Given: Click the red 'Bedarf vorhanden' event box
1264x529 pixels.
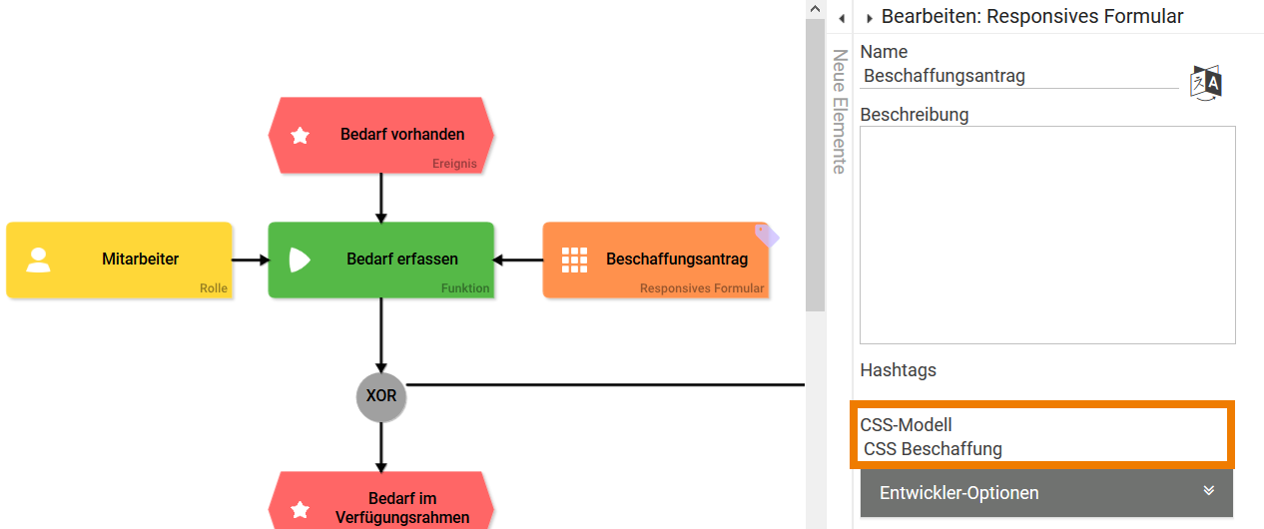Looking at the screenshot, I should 380,135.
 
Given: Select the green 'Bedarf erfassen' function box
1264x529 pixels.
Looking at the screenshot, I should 380,260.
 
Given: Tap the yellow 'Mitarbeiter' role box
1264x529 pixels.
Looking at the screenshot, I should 119,260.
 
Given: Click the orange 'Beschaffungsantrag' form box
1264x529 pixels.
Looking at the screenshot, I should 655,260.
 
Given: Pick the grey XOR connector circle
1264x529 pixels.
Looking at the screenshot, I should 381,396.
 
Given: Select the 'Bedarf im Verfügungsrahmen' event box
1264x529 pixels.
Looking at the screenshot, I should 380,504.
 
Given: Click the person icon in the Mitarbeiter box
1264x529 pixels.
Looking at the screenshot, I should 39,260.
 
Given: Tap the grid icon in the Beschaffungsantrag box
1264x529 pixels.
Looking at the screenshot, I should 574,260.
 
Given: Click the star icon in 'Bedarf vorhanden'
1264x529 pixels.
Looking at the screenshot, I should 300,135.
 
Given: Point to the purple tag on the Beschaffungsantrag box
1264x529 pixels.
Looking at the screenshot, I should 766,236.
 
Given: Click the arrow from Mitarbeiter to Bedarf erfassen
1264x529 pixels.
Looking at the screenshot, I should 251,260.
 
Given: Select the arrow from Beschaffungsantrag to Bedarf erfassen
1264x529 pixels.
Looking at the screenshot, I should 518,260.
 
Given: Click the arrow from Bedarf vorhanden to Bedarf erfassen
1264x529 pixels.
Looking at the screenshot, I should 380,198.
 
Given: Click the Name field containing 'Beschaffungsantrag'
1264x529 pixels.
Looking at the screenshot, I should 1018,76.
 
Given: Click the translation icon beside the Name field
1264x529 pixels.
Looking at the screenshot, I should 1206,82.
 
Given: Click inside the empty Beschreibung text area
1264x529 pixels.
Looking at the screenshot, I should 1047,235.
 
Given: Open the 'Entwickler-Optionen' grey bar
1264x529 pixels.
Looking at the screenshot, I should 1045,493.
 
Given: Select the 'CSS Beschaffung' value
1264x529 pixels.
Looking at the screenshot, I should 933,449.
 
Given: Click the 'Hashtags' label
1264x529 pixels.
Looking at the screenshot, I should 899,370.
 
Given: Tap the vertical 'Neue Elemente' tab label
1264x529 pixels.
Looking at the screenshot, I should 840,112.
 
